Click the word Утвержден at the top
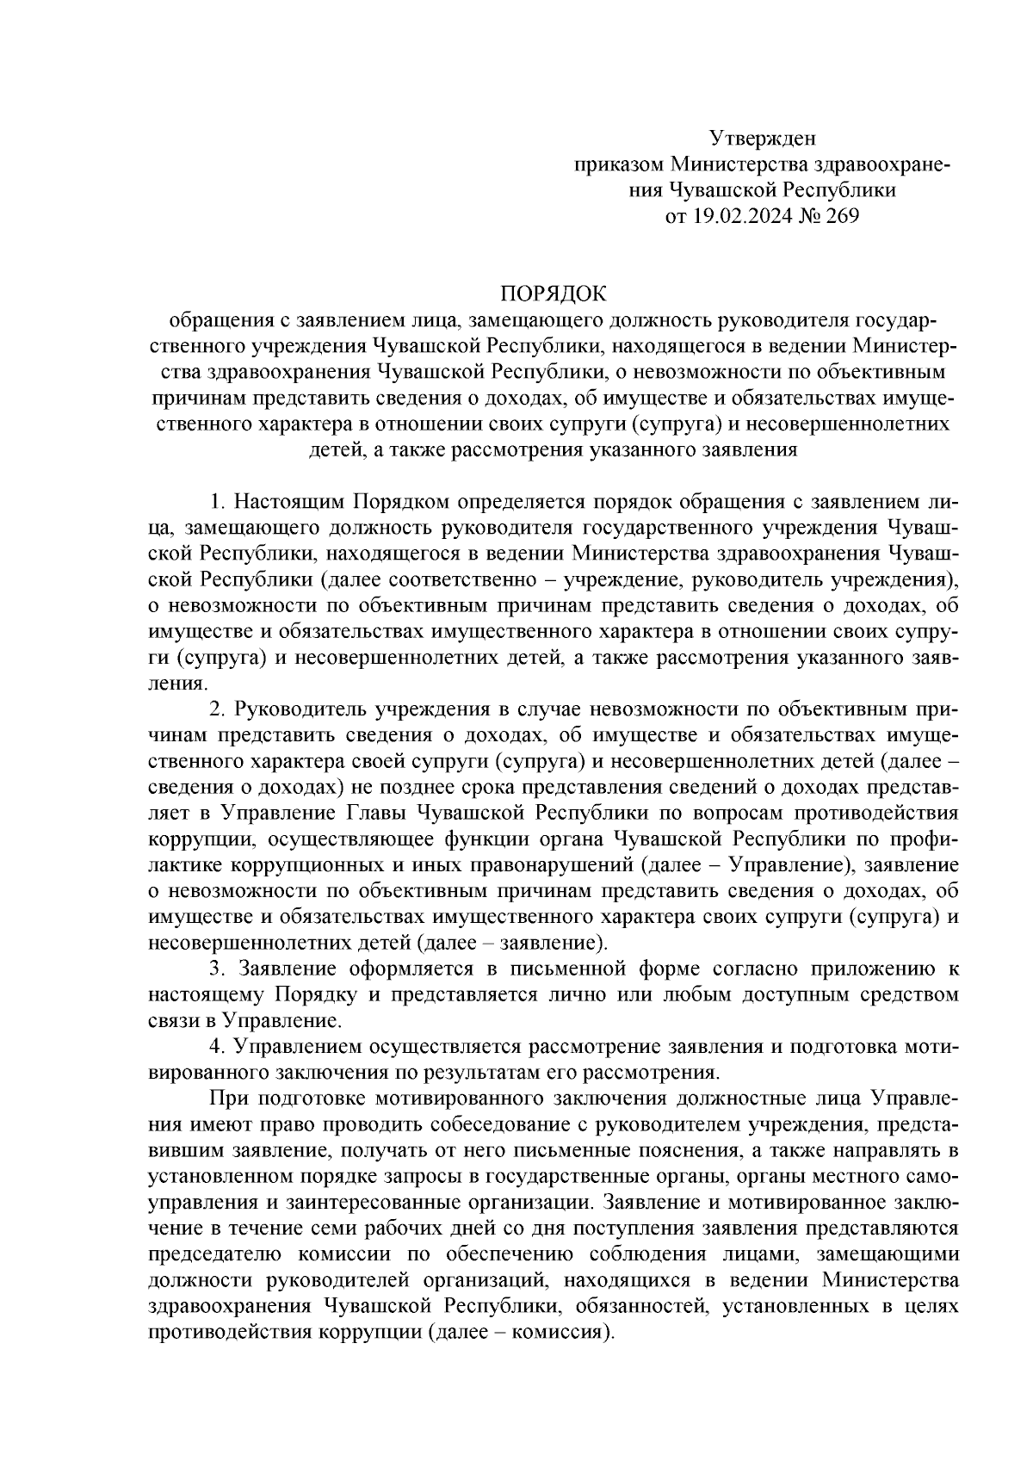(x=762, y=138)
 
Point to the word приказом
(x=620, y=164)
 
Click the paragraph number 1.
(x=216, y=502)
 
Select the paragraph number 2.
(x=216, y=709)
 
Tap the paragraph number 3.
(x=216, y=969)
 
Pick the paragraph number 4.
(x=216, y=1047)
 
